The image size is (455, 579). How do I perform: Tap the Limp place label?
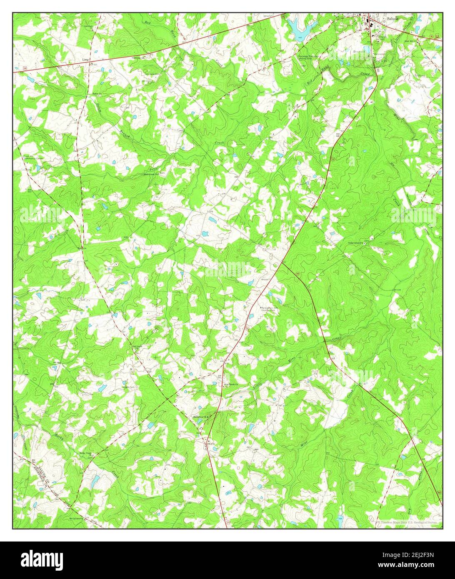86,60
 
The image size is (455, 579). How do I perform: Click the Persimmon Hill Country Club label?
268,309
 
